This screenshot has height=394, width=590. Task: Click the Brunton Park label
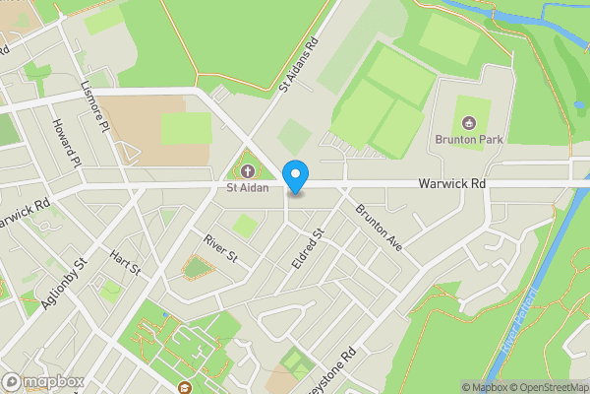[469, 140]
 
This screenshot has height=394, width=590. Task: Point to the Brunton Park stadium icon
[469, 123]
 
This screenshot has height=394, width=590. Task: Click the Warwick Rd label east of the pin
[451, 183]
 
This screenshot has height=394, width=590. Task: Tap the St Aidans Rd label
[300, 65]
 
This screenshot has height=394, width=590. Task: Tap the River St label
[221, 247]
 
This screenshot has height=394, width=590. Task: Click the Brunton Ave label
[380, 227]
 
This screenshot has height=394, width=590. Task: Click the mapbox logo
[42, 381]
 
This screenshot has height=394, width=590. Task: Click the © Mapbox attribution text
[485, 387]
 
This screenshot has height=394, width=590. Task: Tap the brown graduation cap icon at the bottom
[186, 388]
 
